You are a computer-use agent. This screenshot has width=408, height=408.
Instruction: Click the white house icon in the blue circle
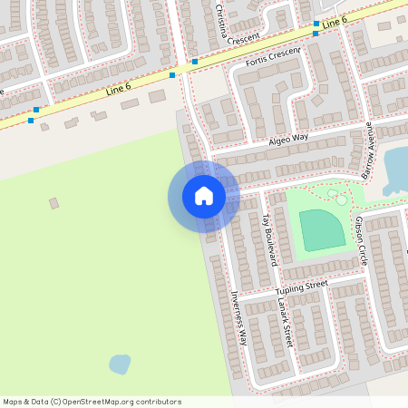203,196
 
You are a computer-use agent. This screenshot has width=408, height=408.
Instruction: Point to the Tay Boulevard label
267,239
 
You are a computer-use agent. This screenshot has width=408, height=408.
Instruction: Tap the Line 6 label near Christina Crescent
335,20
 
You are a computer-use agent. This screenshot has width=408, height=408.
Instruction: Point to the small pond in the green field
120,364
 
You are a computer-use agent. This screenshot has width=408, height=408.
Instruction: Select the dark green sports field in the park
322,229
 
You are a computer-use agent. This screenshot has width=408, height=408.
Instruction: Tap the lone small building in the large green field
53,203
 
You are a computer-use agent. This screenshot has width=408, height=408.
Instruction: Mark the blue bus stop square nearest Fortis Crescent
195,62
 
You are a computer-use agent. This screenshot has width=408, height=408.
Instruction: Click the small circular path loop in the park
341,199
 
